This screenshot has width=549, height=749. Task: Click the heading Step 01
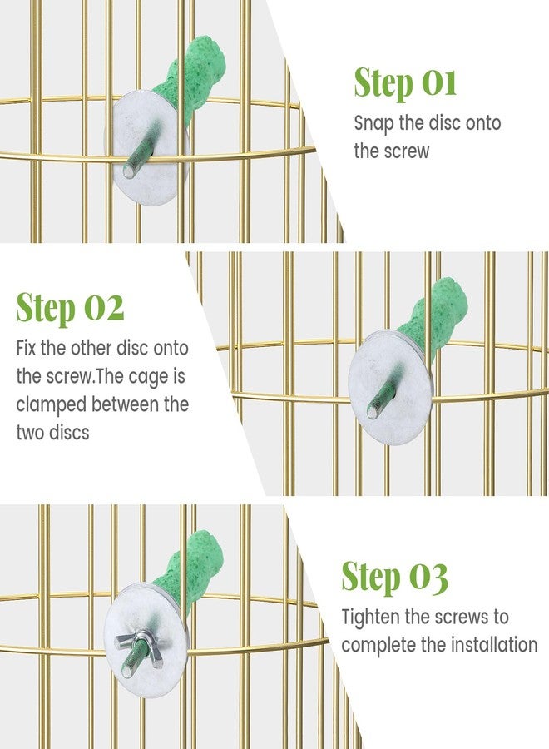coord(405,83)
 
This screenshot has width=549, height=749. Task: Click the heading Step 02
coord(70,308)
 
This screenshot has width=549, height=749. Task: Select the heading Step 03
coord(395,577)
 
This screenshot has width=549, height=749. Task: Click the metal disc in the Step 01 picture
coord(147,148)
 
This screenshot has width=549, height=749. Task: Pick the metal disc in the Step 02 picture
coord(390,387)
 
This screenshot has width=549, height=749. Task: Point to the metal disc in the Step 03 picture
coord(146,640)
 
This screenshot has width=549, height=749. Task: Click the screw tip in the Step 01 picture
coord(129,171)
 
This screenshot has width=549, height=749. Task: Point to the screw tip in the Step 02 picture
coord(373,412)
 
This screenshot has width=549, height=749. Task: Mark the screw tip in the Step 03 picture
coord(127,671)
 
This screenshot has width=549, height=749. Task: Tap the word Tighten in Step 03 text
coord(371,618)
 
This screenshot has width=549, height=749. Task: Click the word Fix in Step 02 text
coord(27,348)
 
